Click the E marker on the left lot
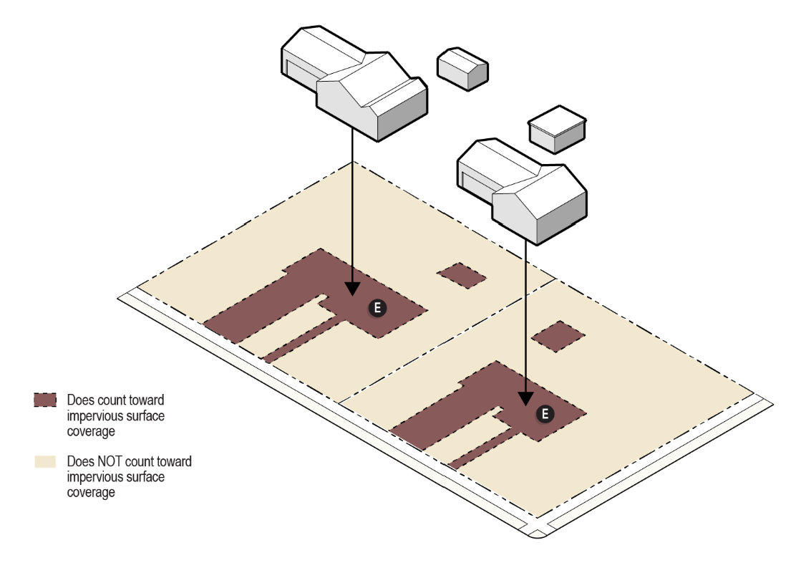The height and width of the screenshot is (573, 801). [377, 308]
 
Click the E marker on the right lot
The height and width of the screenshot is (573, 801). [545, 414]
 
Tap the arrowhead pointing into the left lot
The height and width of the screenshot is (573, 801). [352, 289]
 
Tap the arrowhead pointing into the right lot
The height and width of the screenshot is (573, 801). [525, 399]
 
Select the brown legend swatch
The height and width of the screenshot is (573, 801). [45, 400]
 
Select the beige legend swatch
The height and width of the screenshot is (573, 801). [45, 461]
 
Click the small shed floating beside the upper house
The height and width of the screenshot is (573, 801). [463, 69]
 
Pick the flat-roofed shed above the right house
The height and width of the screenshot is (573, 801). [557, 130]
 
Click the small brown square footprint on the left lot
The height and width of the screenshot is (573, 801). [462, 276]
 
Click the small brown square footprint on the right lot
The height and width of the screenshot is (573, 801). [558, 337]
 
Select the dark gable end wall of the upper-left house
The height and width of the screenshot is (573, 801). [402, 113]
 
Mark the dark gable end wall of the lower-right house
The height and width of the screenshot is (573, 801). [562, 217]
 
